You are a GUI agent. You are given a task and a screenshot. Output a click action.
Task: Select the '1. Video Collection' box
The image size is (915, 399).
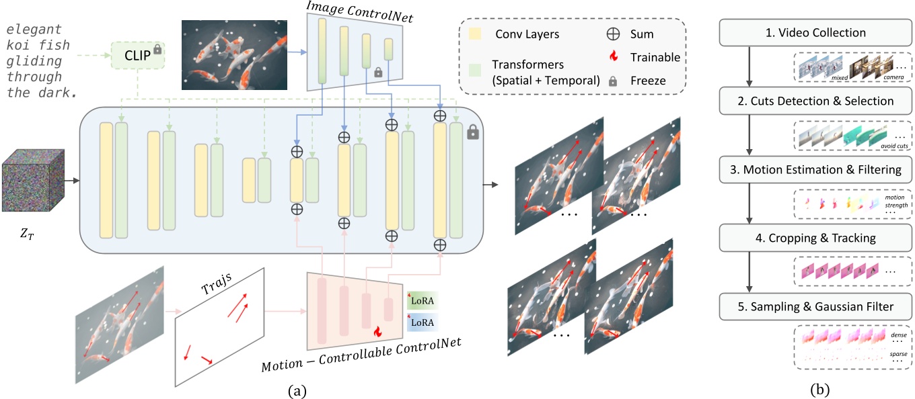pyautogui.click(x=817, y=32)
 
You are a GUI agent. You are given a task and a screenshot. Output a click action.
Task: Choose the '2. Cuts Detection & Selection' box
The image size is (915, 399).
pyautogui.click(x=817, y=101)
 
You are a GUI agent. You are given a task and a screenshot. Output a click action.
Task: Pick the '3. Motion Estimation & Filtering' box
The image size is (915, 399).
pyautogui.click(x=817, y=169)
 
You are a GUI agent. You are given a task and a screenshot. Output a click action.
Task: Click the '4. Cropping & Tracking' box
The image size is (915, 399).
pyautogui.click(x=817, y=237)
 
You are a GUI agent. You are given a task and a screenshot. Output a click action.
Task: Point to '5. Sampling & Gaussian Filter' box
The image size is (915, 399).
pyautogui.click(x=817, y=306)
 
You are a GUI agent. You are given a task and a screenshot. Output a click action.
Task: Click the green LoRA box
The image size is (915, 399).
pyautogui.click(x=422, y=300)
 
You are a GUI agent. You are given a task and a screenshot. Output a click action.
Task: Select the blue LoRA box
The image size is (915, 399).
pyautogui.click(x=422, y=323)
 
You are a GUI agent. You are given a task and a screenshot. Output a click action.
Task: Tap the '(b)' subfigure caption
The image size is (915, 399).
pyautogui.click(x=819, y=388)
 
